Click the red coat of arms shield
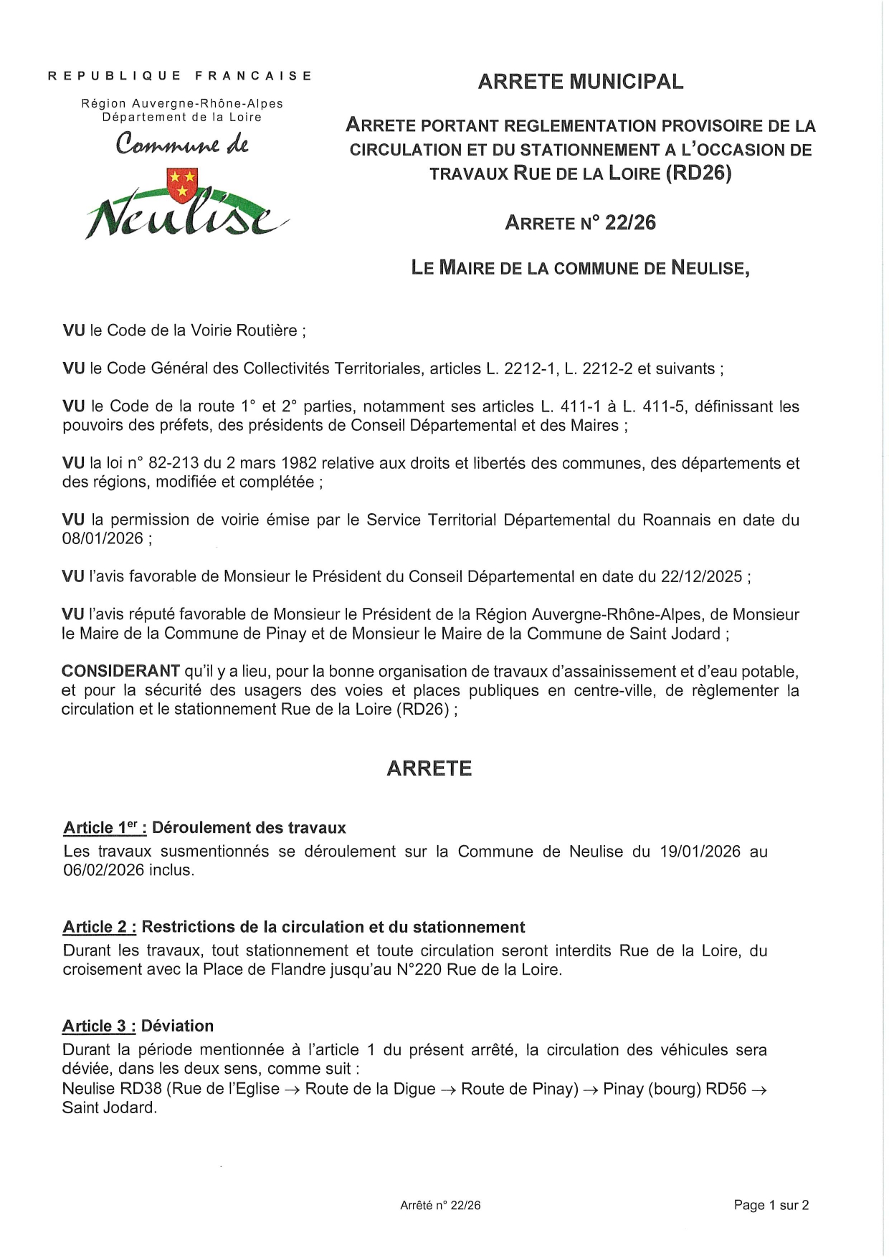[182, 185]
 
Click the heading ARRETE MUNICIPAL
[581, 82]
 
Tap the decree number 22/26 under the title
[630, 223]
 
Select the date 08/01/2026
[103, 538]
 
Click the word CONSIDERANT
[120, 671]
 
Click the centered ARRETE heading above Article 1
[429, 768]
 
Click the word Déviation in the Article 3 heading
[177, 1026]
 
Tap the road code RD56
[726, 1089]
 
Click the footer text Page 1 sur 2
[771, 1205]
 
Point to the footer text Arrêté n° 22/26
[440, 1206]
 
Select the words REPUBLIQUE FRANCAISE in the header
[180, 75]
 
